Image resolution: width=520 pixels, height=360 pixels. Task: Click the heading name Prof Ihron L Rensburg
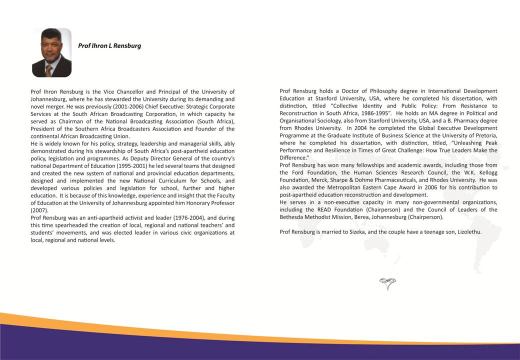109,45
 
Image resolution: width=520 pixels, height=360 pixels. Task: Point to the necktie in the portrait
49,70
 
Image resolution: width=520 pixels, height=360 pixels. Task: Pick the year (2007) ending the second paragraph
39,210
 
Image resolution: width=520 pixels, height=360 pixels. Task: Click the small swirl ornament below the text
387,284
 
